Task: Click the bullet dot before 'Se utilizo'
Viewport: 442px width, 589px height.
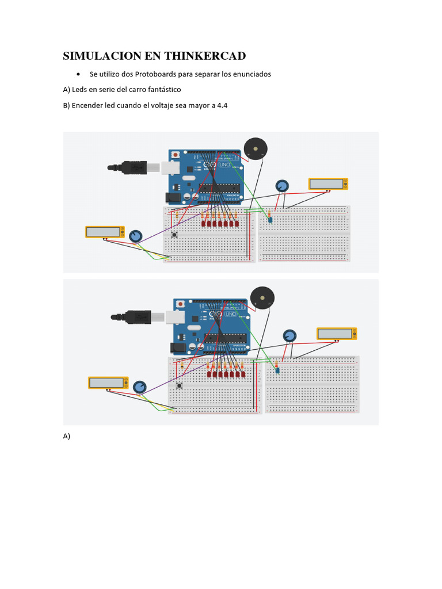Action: (x=78, y=75)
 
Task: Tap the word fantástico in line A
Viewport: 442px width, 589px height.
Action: (x=162, y=90)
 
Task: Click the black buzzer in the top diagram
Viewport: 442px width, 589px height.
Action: (x=255, y=149)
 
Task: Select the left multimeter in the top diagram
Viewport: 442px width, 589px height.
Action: (x=105, y=232)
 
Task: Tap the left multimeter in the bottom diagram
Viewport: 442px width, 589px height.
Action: (x=108, y=383)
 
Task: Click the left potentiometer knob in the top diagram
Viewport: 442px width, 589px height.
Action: (x=136, y=236)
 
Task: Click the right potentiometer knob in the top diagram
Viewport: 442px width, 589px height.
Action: (x=281, y=186)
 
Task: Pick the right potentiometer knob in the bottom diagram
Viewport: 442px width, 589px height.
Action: (x=289, y=336)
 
